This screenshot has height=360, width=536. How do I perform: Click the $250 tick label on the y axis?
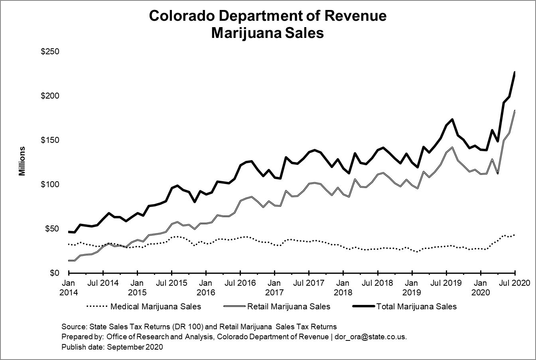tap(50, 52)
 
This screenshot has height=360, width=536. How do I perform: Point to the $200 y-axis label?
tap(50, 96)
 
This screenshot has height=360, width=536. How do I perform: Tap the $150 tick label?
tap(50, 140)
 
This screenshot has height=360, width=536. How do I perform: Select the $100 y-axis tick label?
tap(50, 185)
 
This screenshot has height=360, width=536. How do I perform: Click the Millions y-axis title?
tap(22, 161)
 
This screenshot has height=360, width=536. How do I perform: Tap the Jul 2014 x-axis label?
tap(103, 283)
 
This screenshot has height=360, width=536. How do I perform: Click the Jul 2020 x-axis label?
tap(515, 283)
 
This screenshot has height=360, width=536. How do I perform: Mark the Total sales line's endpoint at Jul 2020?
tap(515, 72)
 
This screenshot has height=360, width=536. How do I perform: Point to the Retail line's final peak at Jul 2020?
tap(515, 111)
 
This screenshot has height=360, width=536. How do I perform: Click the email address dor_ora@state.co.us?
tap(372, 337)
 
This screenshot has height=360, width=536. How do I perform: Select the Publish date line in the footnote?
tap(112, 347)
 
